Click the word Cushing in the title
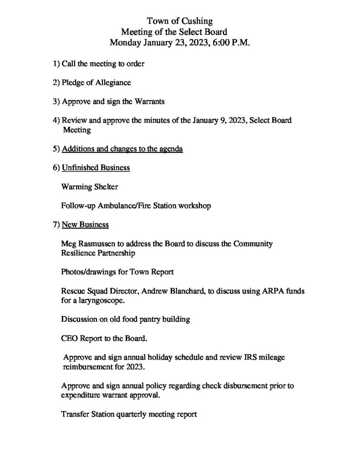(197, 20)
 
